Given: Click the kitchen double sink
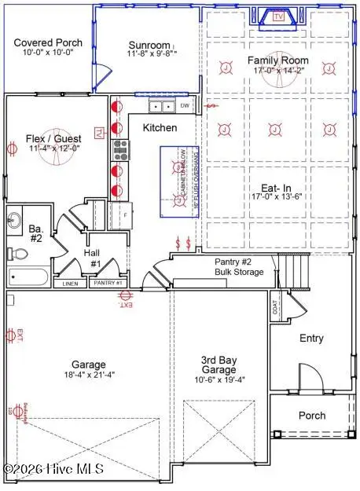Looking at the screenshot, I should [163, 106].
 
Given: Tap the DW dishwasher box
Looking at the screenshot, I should [185, 105].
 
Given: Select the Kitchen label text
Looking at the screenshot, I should [159, 127].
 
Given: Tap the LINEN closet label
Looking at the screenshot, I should [70, 283].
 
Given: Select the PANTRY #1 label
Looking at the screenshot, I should [107, 283].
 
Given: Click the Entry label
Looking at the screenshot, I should [311, 338].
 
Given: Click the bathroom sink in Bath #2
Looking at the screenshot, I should [15, 218].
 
